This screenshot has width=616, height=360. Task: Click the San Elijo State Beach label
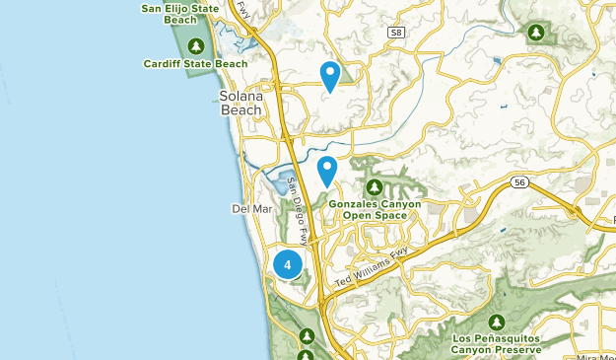[179, 14]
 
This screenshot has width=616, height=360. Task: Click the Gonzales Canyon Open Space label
[375, 208]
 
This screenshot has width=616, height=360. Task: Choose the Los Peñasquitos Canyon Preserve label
[497, 344]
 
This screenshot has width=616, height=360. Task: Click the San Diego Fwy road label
[299, 208]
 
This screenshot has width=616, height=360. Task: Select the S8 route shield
[395, 33]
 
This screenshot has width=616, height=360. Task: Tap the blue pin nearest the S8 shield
[330, 75]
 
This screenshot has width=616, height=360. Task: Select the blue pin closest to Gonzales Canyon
[327, 170]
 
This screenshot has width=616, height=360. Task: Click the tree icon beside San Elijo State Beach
[196, 45]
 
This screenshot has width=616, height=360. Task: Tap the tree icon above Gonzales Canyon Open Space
[375, 186]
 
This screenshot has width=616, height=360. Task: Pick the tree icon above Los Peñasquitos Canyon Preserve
[497, 322]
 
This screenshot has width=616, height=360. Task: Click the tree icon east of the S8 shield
[535, 33]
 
